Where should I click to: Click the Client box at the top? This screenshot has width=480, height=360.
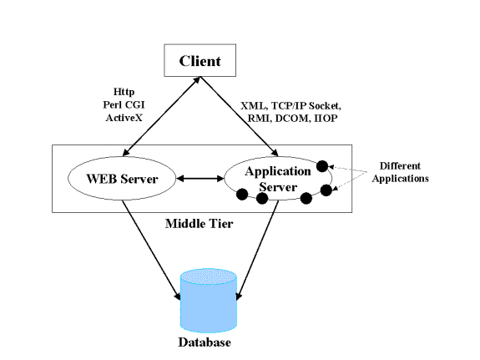[x=200, y=60]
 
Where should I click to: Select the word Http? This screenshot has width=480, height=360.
[x=124, y=92]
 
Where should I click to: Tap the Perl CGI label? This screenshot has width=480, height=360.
[x=124, y=104]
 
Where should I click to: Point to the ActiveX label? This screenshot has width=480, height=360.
[x=124, y=118]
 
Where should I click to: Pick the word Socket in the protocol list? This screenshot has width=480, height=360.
[x=325, y=106]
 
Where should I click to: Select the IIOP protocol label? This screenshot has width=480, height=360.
[x=326, y=119]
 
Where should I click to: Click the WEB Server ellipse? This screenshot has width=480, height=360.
[x=122, y=178]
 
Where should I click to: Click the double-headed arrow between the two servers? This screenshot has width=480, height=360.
[x=200, y=178]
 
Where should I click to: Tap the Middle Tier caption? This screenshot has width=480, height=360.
[x=199, y=224]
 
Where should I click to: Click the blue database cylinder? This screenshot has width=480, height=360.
[x=209, y=301]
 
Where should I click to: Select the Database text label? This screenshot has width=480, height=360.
[x=205, y=342]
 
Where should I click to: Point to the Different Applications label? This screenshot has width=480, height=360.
[x=400, y=172]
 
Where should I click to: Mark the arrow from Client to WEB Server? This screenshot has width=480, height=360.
[x=161, y=116]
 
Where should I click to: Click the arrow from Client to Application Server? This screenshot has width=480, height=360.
[x=239, y=116]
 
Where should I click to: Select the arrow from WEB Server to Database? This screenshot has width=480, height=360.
[x=151, y=250]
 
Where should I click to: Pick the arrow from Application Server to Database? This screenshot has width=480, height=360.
[x=258, y=250]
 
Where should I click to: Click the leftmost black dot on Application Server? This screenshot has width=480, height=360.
[x=242, y=195]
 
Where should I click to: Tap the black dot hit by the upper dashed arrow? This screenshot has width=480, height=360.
[x=322, y=166]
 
